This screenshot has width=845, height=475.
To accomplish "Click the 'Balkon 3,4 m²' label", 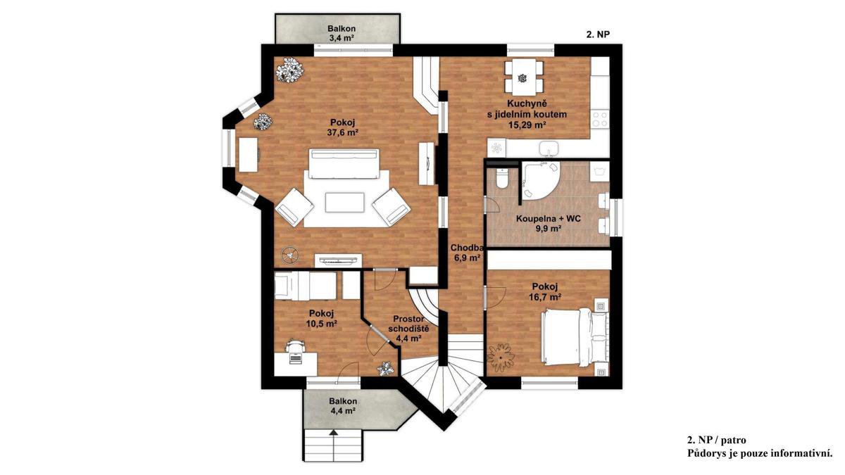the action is pyautogui.click(x=342, y=33).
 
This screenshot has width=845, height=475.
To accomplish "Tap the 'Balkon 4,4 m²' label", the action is pyautogui.click(x=343, y=406).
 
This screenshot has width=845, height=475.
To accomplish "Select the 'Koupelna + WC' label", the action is pyautogui.click(x=548, y=219).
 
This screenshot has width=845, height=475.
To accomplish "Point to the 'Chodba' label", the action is pyautogui.click(x=467, y=248).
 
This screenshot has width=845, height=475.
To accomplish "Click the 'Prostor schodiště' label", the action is pyautogui.click(x=408, y=324).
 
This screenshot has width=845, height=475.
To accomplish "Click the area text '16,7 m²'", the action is pyautogui.click(x=545, y=297).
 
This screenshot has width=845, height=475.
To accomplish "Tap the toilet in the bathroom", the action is pyautogui.click(x=503, y=179).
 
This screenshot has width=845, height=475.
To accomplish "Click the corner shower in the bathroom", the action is pyautogui.click(x=539, y=181).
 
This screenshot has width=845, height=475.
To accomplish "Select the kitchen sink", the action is pyautogui.click(x=549, y=148).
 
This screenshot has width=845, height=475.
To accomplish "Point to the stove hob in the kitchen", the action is pyautogui.click(x=600, y=118).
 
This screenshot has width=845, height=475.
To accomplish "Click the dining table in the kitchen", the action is pyautogui.click(x=525, y=78).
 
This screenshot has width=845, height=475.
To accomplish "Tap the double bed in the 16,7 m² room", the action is pyautogui.click(x=574, y=336).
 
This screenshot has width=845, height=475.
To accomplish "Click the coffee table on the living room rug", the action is pyautogui.click(x=345, y=203).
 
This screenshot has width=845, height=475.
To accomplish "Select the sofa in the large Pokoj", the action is pyautogui.click(x=344, y=163).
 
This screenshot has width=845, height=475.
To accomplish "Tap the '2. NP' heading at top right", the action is pyautogui.click(x=599, y=34).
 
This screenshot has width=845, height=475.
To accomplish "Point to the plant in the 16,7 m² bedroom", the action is pyautogui.click(x=501, y=357).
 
